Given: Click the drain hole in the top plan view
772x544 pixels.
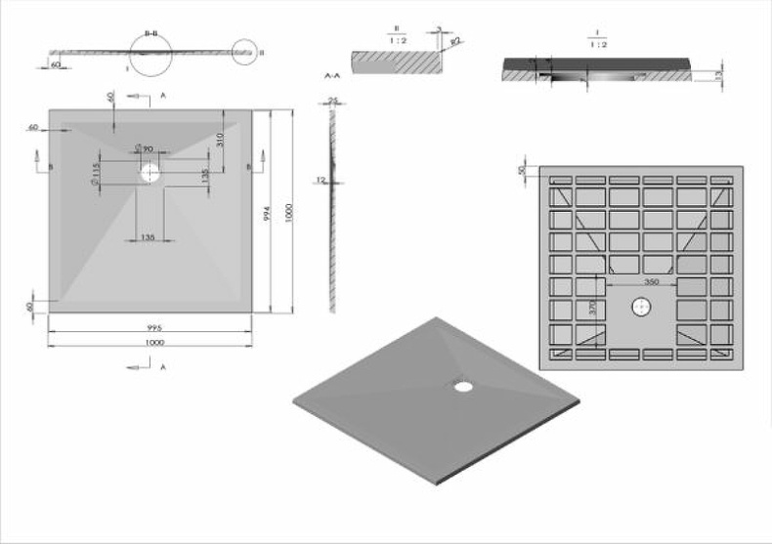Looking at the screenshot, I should (x=150, y=174).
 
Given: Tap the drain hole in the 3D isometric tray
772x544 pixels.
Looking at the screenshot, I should (x=462, y=386).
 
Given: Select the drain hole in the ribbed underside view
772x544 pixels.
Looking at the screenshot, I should (x=643, y=306).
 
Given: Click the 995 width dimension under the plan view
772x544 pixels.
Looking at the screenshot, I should (x=153, y=328).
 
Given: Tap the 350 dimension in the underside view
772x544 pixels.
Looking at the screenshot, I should (x=652, y=281).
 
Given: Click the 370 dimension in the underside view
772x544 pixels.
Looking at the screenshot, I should (x=593, y=310).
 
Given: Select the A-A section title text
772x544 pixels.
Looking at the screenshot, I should (x=330, y=74).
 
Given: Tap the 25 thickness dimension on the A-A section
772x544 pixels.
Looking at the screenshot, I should (x=333, y=100).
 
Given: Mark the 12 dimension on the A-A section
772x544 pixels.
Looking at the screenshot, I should (x=321, y=180).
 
